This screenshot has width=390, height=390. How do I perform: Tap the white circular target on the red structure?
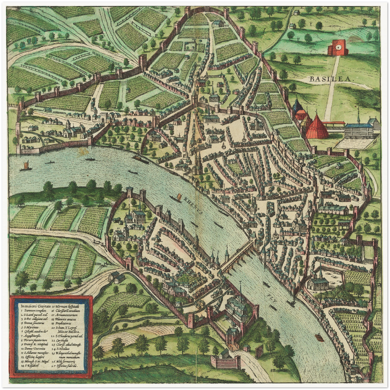click(337, 48)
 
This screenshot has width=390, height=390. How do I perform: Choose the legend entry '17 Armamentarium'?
click(66, 315)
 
